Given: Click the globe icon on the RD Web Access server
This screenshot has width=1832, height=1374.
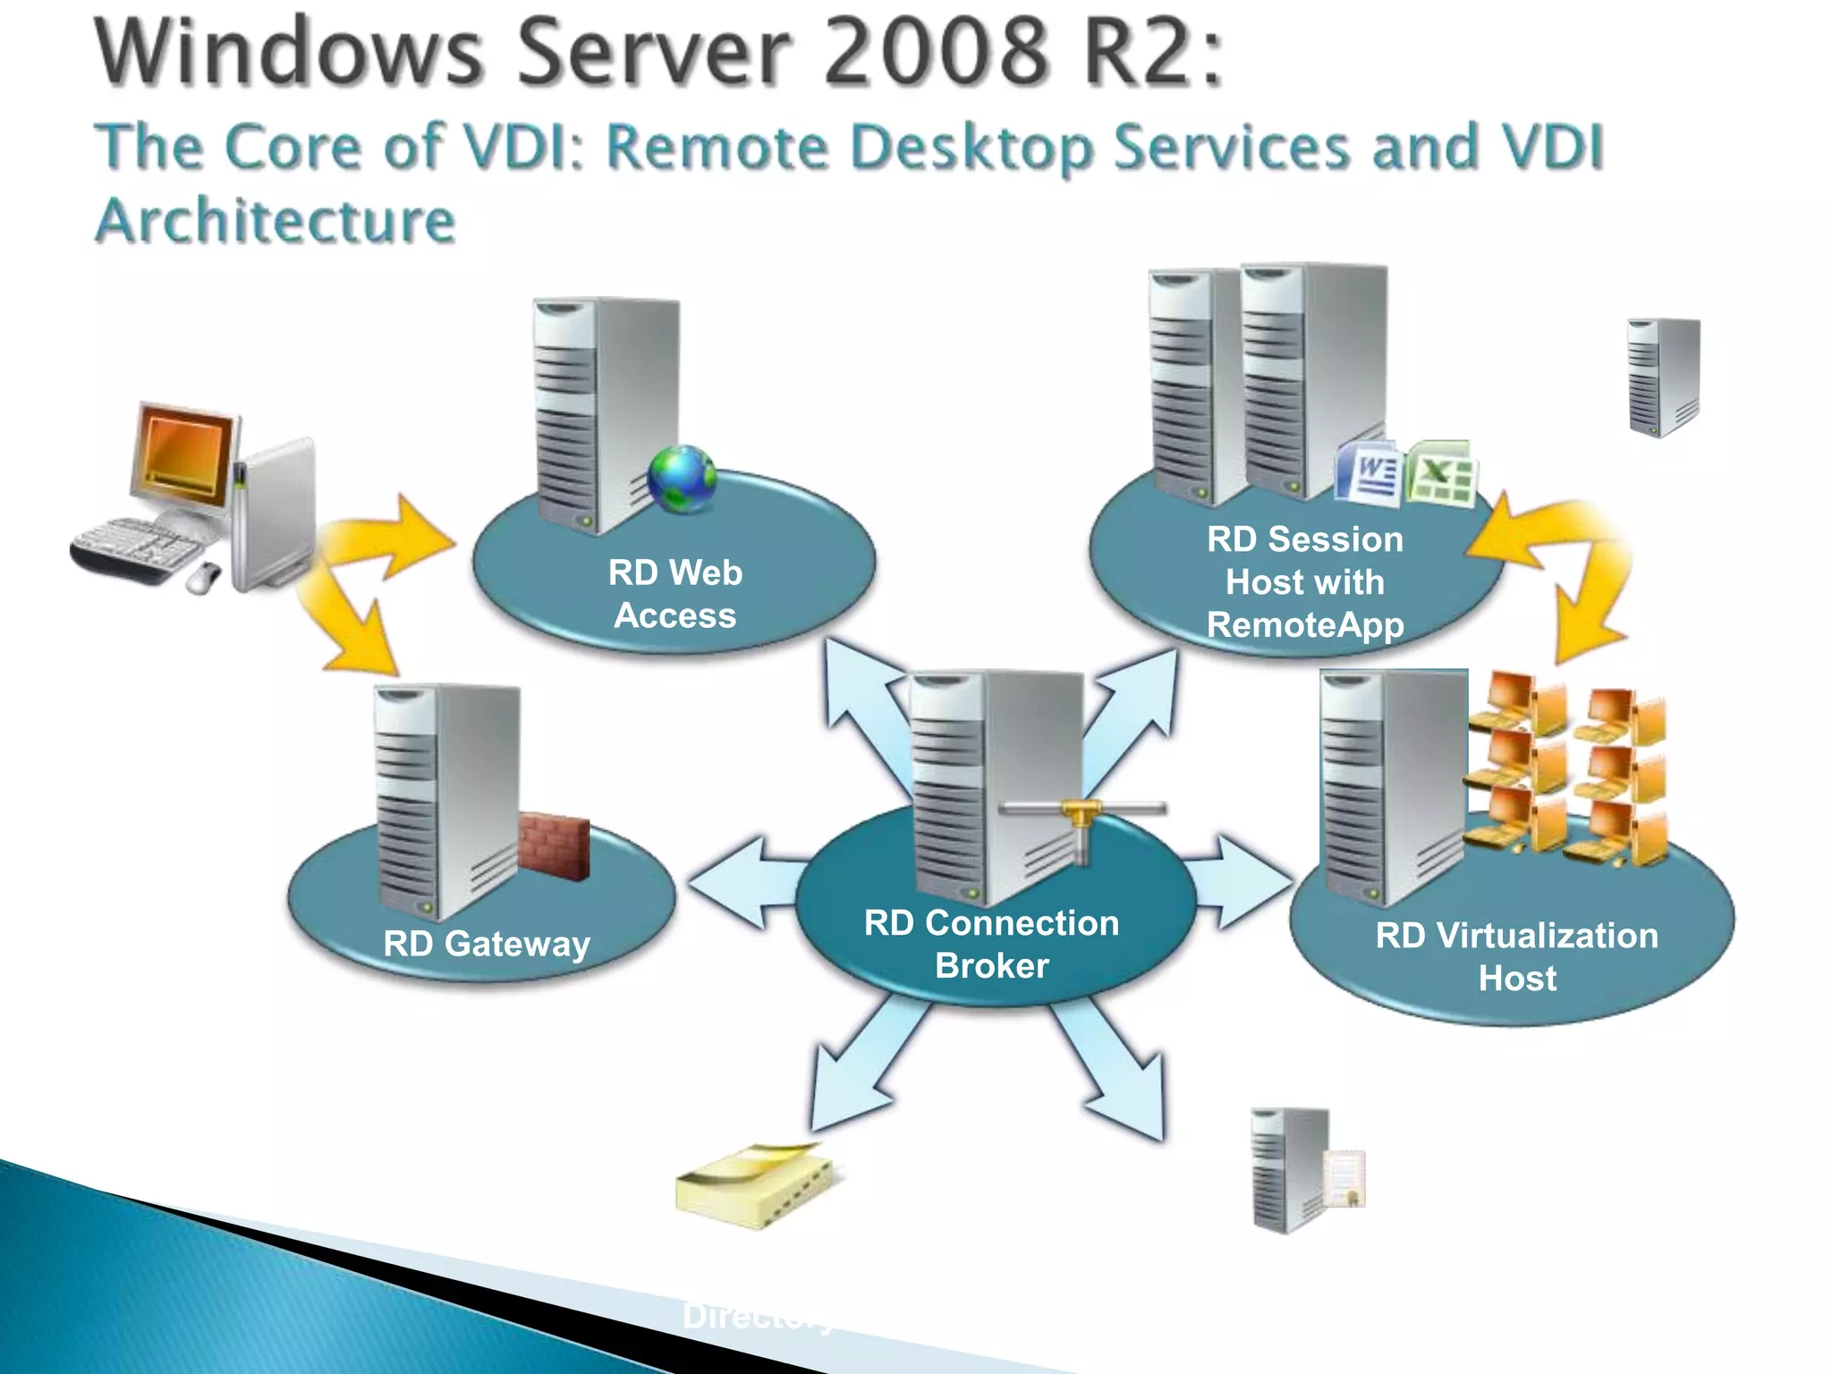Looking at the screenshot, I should click(682, 479).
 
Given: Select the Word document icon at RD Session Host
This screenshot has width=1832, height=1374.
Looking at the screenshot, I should click(1367, 471).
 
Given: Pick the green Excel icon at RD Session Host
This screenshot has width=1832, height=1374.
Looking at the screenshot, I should click(1439, 473).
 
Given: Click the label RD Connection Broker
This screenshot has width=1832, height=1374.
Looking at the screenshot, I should click(991, 944).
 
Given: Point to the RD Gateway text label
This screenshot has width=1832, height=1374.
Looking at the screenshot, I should click(486, 944).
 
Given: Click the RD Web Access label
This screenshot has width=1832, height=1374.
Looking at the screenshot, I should click(674, 594).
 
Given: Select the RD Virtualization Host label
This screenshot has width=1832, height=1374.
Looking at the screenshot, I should click(1516, 956).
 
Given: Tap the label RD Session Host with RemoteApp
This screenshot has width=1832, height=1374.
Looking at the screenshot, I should click(1304, 581).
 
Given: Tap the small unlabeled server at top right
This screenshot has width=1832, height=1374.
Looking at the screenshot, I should click(1662, 377).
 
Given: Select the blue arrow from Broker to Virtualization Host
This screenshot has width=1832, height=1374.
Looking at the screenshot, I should click(1242, 883).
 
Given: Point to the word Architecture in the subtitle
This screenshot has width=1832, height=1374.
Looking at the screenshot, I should click(276, 221).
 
